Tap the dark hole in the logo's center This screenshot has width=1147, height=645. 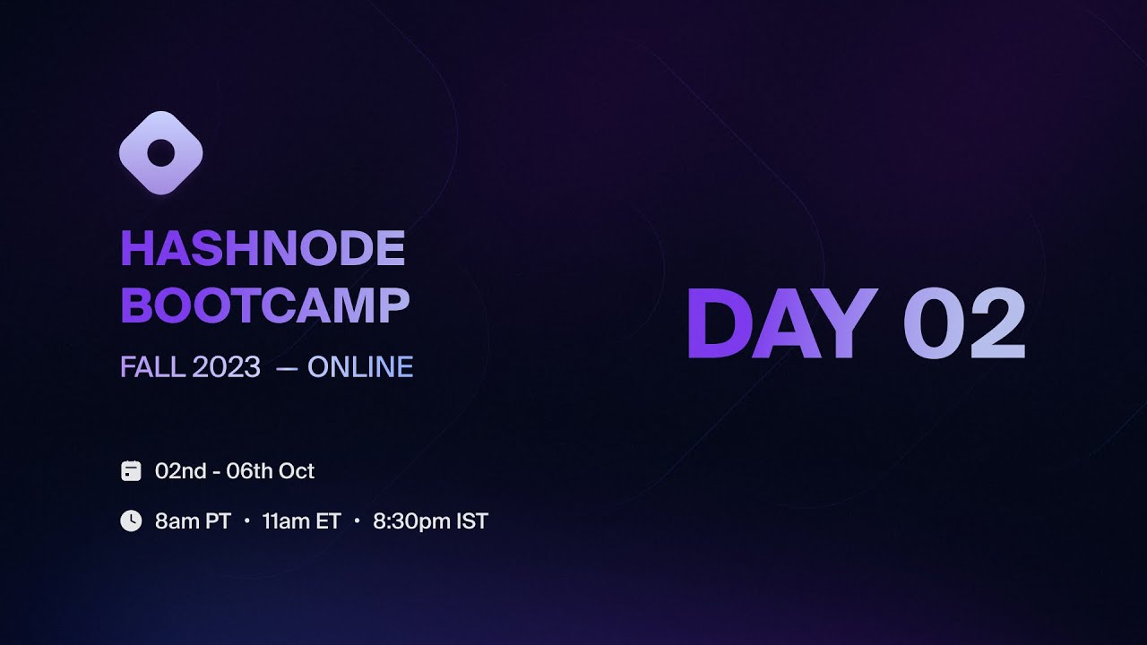(160, 153)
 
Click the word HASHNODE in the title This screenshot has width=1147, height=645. (263, 249)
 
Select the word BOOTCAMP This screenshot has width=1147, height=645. (265, 305)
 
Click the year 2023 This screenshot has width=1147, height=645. (226, 367)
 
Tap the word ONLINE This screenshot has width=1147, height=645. (360, 367)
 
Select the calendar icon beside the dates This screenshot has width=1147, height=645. (131, 471)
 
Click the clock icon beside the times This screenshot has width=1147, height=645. (131, 520)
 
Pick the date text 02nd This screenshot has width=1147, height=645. (181, 471)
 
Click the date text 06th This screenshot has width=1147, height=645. (250, 471)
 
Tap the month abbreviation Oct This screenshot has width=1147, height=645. (297, 471)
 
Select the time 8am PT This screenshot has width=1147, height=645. (193, 521)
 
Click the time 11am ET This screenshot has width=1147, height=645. (301, 521)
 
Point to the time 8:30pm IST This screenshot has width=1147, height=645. (430, 521)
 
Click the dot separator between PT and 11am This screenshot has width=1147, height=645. (246, 521)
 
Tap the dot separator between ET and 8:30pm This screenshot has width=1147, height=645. (357, 521)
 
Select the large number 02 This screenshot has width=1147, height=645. (963, 324)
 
